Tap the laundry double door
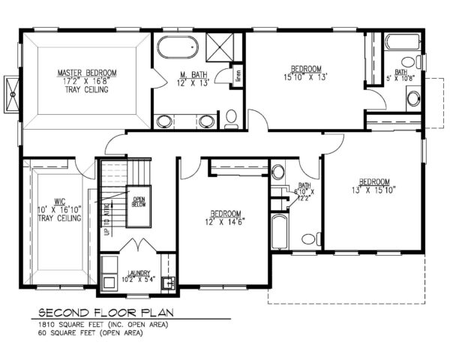pyautogui.click(x=139, y=246)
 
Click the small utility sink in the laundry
pyautogui.click(x=169, y=283)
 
